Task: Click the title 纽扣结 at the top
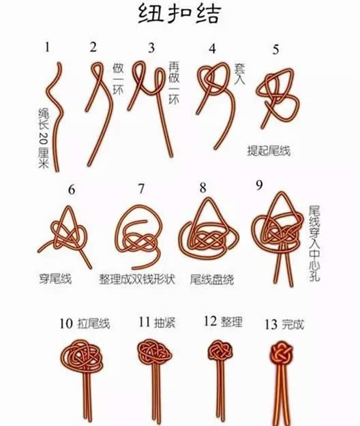tap(179, 14)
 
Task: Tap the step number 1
tap(48, 47)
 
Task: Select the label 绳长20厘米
tap(44, 138)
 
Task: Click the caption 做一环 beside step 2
tap(118, 79)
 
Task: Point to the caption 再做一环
tap(174, 83)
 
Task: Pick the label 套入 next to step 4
tap(239, 74)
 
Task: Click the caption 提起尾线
tap(269, 151)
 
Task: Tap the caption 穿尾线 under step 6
tap(55, 279)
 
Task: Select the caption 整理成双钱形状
tap(137, 279)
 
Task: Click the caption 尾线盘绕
tap(212, 279)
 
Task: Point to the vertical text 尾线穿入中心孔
tap(314, 243)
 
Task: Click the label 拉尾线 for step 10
tap(93, 324)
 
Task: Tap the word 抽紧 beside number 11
tap(164, 322)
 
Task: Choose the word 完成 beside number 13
tap(292, 324)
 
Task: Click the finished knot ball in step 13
tap(282, 354)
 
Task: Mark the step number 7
tap(141, 189)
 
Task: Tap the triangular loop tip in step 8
tap(209, 199)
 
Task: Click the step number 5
tap(275, 50)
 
